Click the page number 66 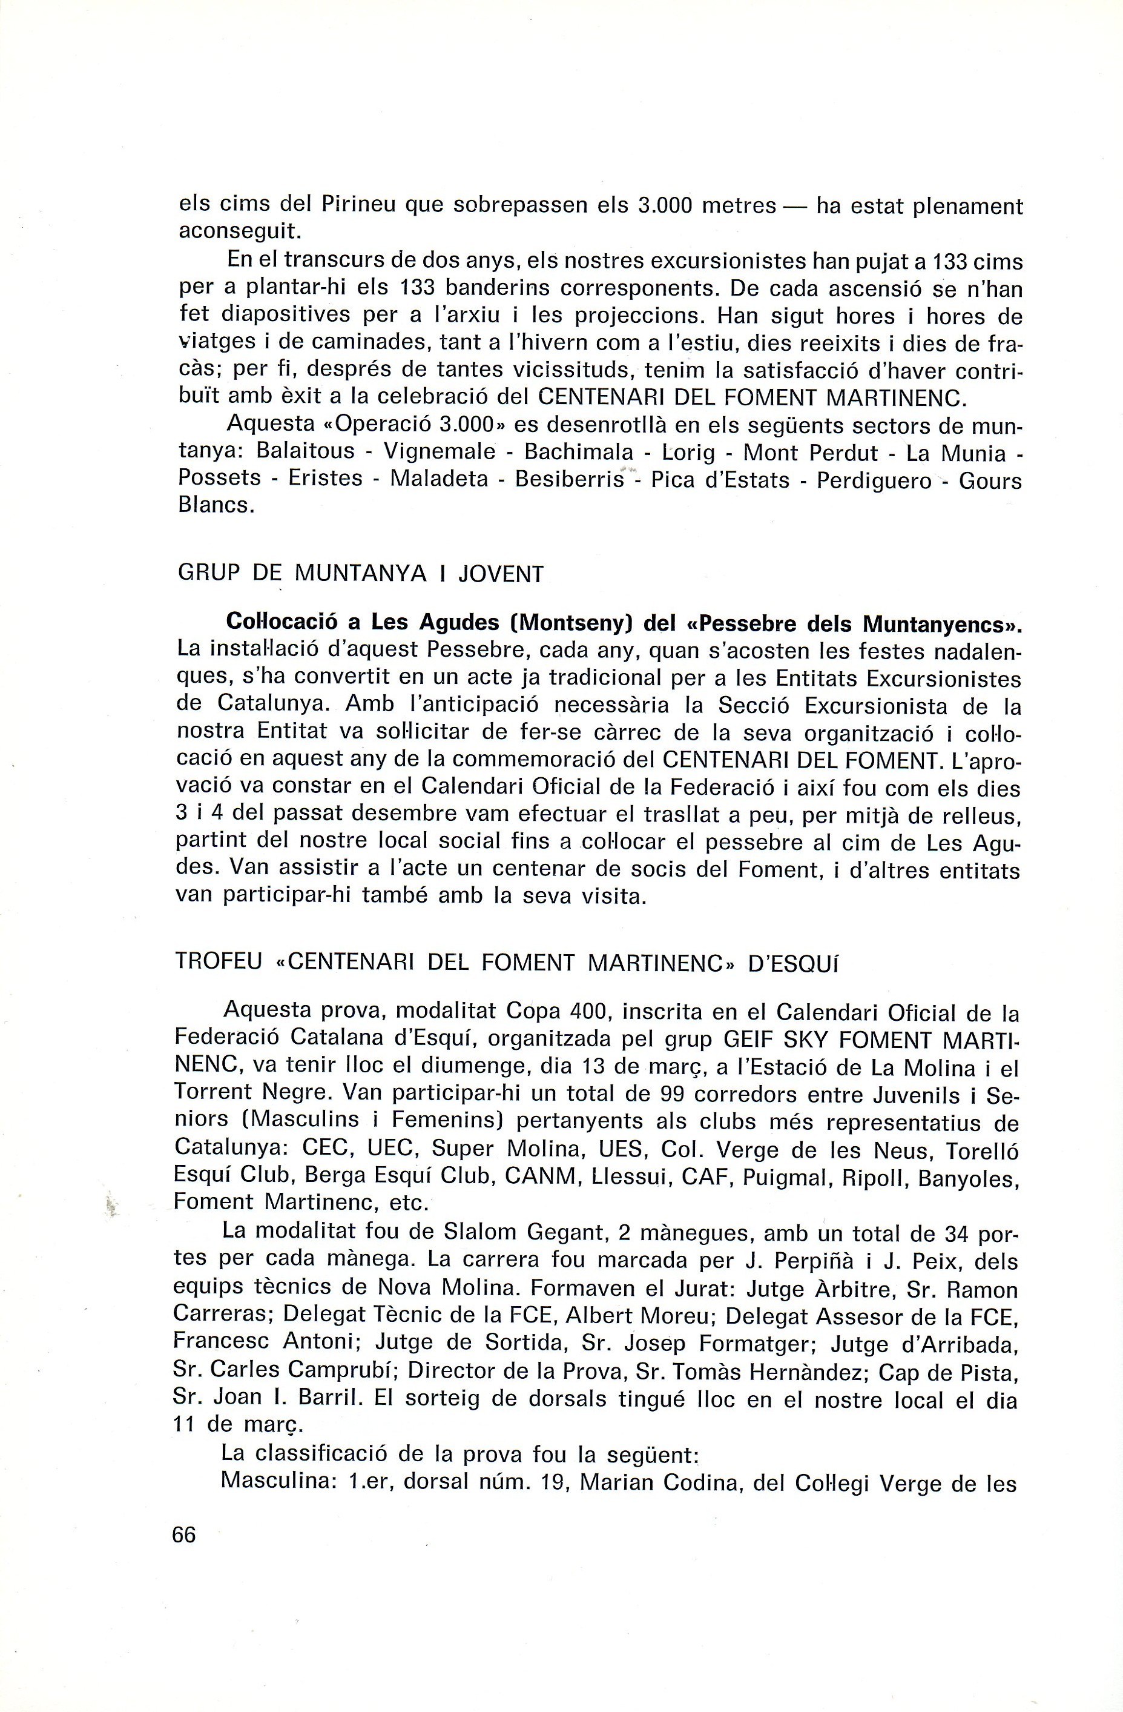click(184, 1534)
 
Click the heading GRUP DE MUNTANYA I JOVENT click(360, 574)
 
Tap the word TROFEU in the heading click(219, 963)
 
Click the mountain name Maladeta click(438, 479)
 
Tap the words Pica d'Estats click(720, 479)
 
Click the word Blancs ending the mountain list click(215, 506)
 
